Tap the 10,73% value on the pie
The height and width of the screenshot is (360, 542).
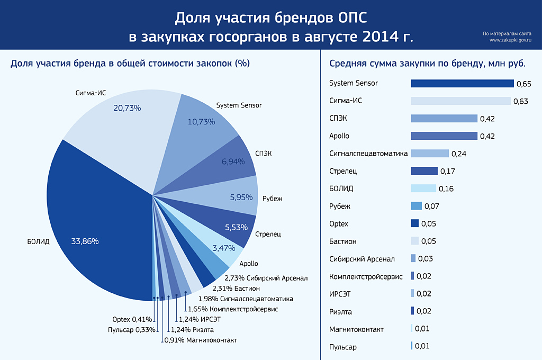tap(201, 122)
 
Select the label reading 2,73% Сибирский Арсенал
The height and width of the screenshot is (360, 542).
tap(266, 277)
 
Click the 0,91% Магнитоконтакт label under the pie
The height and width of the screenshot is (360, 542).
tap(201, 340)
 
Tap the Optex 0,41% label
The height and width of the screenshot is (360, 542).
tap(132, 319)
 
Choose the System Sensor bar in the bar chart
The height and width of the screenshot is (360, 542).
tap(462, 84)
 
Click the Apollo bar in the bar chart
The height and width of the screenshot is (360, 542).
tap(444, 136)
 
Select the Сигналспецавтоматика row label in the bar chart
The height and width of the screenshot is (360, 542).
tap(368, 154)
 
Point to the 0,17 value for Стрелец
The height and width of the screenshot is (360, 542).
tap(447, 172)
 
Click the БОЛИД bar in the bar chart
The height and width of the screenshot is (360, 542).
tap(423, 188)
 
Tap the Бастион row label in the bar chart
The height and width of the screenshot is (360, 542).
tap(342, 241)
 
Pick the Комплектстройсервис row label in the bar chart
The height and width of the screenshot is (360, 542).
tap(366, 276)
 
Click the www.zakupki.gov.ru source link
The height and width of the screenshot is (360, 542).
tap(510, 40)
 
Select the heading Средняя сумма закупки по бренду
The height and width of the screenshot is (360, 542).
tap(427, 64)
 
